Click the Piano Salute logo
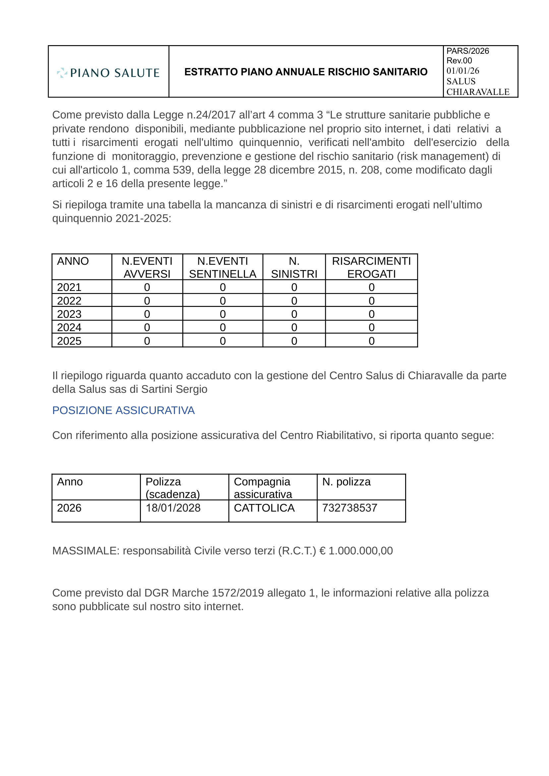click(x=108, y=72)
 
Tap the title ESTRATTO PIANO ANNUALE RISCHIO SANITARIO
click(x=306, y=72)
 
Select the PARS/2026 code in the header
click(x=467, y=51)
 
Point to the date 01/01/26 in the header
click(x=462, y=71)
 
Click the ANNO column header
click(x=73, y=261)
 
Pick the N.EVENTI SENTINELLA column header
click(x=222, y=267)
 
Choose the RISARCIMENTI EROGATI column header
click(x=371, y=267)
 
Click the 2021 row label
click(x=69, y=287)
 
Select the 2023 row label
click(x=69, y=314)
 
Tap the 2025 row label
click(x=69, y=341)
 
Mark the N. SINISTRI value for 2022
click(x=294, y=301)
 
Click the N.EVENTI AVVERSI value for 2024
click(x=147, y=327)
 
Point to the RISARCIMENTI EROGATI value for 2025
click(x=372, y=341)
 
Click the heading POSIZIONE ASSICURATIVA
click(x=123, y=410)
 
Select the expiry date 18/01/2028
click(x=173, y=508)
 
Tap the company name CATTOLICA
click(x=264, y=508)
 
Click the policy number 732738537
click(x=349, y=508)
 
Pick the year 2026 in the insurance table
click(x=69, y=508)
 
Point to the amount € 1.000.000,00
click(x=356, y=551)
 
